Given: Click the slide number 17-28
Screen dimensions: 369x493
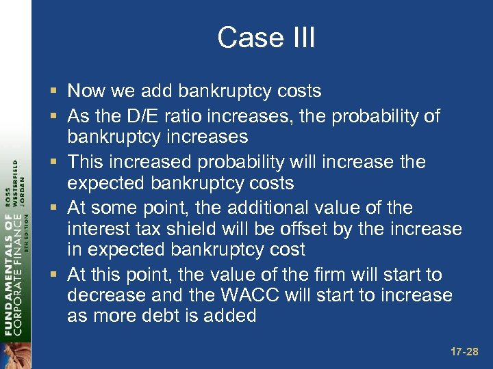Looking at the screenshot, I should pos(464,352).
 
